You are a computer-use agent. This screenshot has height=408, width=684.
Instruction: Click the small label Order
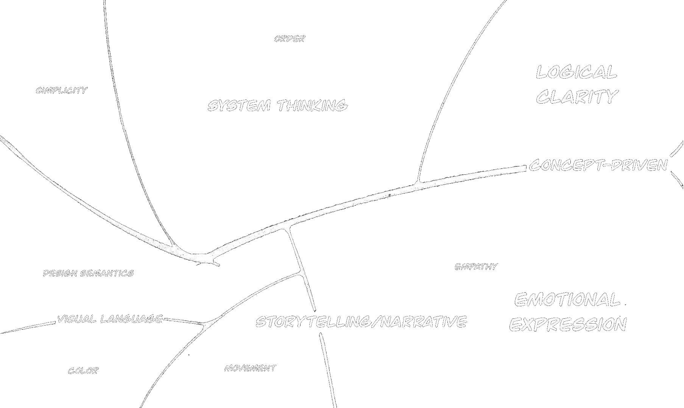click(290, 39)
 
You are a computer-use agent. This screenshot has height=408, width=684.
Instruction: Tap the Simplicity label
click(62, 90)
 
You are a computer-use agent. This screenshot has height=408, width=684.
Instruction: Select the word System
click(239, 105)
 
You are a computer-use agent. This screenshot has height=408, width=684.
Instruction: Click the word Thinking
click(312, 105)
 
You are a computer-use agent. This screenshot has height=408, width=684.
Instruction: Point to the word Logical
click(576, 72)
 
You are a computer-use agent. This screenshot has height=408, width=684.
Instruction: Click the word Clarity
click(577, 97)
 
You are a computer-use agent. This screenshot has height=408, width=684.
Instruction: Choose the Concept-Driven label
click(598, 165)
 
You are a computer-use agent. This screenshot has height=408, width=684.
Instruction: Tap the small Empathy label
click(476, 267)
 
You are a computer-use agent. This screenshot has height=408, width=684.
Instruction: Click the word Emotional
click(567, 300)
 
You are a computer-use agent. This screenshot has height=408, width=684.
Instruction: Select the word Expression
click(568, 324)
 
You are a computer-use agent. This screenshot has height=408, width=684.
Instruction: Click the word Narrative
click(424, 322)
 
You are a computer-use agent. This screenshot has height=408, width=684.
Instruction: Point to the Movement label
click(250, 368)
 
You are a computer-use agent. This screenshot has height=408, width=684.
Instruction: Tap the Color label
click(83, 371)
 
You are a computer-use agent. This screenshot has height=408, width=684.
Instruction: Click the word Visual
click(77, 319)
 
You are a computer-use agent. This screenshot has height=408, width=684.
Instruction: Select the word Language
click(132, 319)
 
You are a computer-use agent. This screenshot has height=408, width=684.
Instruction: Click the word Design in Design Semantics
click(60, 273)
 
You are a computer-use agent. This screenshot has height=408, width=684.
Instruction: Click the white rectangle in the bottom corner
click(535, 397)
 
